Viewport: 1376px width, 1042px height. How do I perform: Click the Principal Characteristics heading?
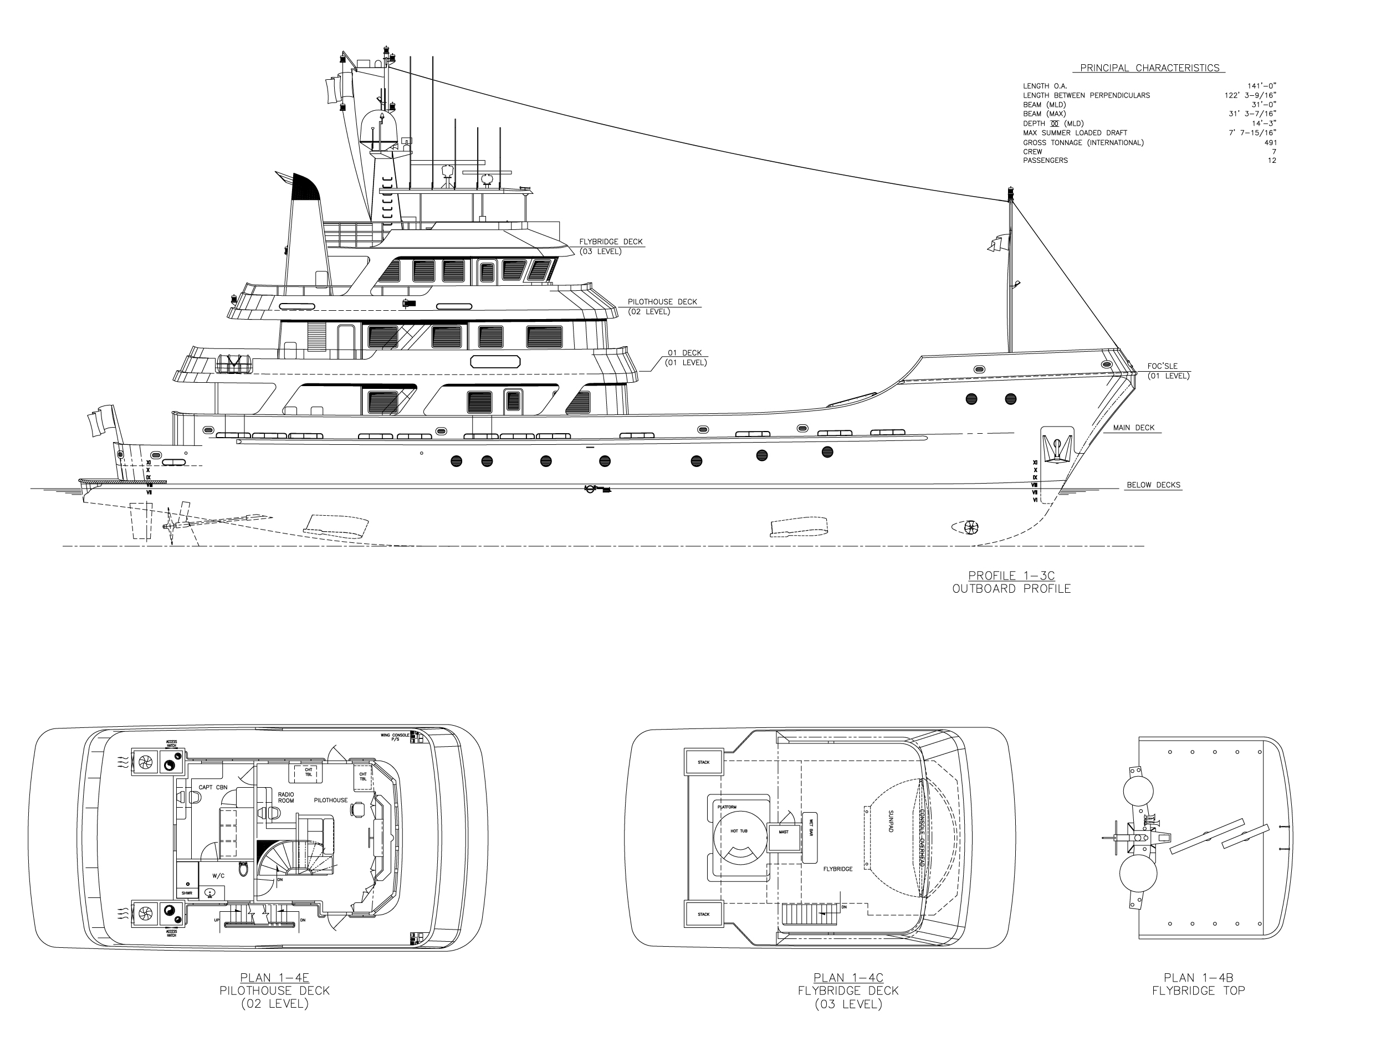tap(1149, 68)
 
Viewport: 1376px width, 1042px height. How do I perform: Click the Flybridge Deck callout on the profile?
tap(611, 242)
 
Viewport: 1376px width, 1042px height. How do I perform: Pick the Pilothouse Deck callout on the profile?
tap(662, 302)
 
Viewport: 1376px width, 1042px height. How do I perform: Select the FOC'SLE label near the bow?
tap(1162, 366)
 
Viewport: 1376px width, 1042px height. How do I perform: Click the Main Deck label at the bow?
tap(1133, 428)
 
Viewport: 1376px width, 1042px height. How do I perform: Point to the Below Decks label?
tap(1153, 485)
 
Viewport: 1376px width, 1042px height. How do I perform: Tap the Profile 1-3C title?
tap(1011, 576)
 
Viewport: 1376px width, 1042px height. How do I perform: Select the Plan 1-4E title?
tap(274, 977)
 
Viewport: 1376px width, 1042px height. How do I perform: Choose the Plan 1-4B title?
tap(1198, 977)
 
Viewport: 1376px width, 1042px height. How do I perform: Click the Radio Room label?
tap(285, 798)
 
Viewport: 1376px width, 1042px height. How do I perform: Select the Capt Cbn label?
tap(213, 787)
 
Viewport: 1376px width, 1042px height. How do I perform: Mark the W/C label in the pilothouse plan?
tap(218, 875)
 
